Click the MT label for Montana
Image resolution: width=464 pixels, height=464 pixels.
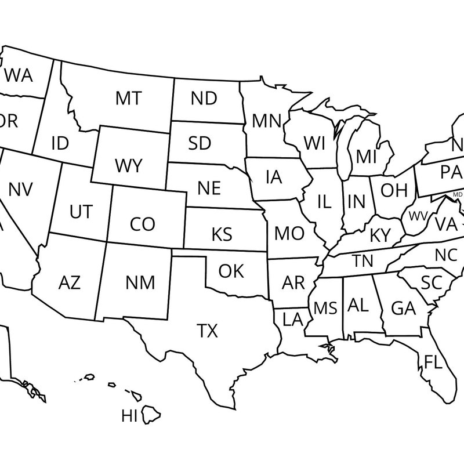128,98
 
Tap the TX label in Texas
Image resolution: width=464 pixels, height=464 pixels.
207,331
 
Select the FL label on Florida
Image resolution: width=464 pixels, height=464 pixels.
433,362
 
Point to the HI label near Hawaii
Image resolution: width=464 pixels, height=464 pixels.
129,415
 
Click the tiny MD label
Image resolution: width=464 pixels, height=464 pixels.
458,195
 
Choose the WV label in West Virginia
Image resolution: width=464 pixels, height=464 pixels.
418,216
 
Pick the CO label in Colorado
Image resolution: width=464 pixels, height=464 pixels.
143,224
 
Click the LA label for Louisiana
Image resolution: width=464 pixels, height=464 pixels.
293,318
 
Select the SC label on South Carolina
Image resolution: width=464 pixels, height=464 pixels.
432,283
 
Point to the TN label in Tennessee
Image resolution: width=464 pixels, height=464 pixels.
363,261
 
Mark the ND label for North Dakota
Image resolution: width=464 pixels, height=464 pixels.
204,98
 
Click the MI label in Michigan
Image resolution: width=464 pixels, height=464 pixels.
367,157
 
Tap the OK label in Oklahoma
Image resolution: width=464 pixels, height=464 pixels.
231,271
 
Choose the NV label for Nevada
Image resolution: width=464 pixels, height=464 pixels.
21,189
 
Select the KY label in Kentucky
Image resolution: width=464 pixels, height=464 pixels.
380,235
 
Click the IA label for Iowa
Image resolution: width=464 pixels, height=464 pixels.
274,177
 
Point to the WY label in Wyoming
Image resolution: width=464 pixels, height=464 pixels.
128,166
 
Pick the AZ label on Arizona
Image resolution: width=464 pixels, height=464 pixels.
70,283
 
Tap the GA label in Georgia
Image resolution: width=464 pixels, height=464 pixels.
404,308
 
